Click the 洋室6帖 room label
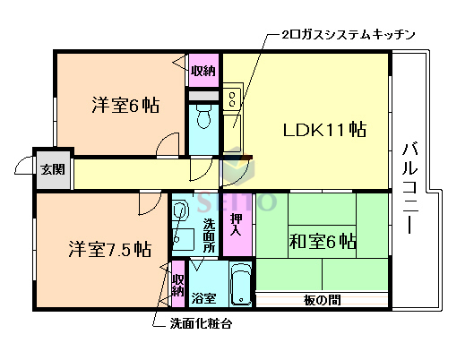(125, 106)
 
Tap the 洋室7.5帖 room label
(110, 249)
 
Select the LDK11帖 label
(324, 129)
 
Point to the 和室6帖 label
(323, 241)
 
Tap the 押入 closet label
(236, 224)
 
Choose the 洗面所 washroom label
(209, 235)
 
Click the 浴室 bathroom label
(203, 296)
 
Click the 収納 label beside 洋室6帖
(203, 72)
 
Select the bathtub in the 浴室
(239, 286)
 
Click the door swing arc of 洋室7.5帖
(146, 203)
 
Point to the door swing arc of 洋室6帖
(167, 145)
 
